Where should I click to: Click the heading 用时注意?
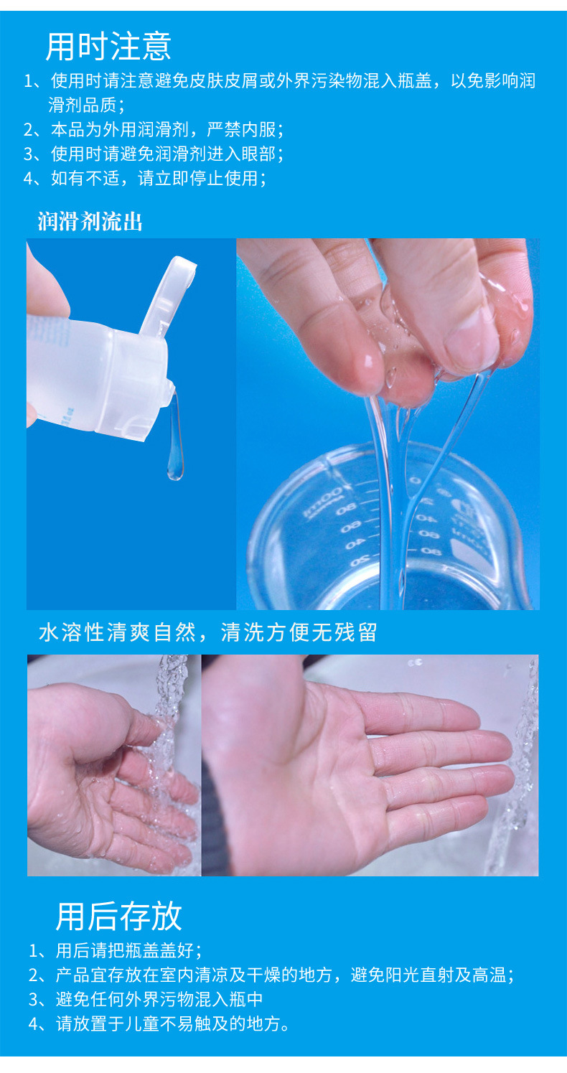tap(108, 47)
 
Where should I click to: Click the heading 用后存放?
tap(119, 916)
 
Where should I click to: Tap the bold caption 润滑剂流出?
tap(90, 222)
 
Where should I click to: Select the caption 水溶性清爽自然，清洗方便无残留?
tap(207, 632)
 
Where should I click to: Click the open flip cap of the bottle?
tap(168, 294)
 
